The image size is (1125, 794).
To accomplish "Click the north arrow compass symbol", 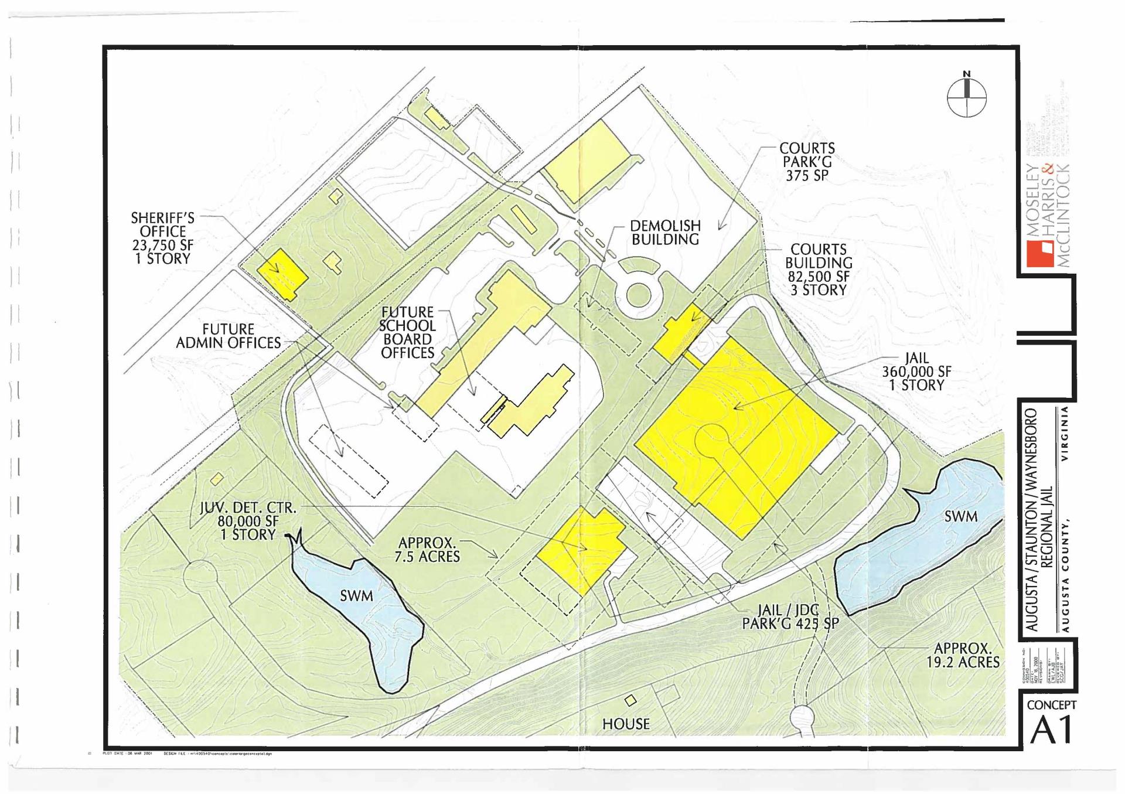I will (966, 96).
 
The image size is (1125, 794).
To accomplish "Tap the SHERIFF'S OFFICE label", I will (162, 238).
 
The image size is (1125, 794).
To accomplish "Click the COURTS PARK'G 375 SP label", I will (807, 162).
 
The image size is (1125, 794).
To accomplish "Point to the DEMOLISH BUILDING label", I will (665, 233).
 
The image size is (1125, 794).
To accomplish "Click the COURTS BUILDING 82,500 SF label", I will (819, 270).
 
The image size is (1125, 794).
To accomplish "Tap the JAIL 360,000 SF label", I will (916, 372).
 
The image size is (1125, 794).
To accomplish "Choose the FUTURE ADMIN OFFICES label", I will (229, 336).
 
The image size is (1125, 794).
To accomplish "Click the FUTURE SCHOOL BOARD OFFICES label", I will (407, 332).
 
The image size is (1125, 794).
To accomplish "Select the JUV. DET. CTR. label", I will (248, 521).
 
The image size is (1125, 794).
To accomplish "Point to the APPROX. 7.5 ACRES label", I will (427, 550).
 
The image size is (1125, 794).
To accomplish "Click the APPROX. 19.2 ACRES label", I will (963, 656).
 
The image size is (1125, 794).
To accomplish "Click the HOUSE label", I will (626, 724).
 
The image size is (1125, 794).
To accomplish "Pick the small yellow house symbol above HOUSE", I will (630, 700).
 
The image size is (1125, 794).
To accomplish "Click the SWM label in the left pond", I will (356, 597).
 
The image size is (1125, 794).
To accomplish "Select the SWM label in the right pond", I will (961, 516).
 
